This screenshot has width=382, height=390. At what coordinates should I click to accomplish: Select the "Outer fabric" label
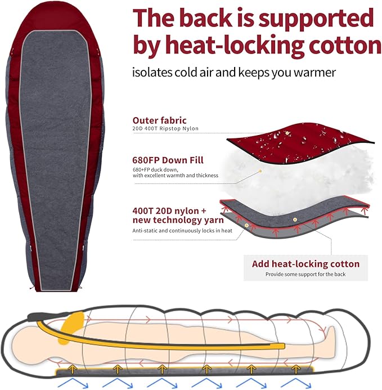159,120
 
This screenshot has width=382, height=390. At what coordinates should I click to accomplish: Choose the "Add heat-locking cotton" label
305,264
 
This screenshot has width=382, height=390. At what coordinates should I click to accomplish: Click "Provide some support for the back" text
305,275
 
